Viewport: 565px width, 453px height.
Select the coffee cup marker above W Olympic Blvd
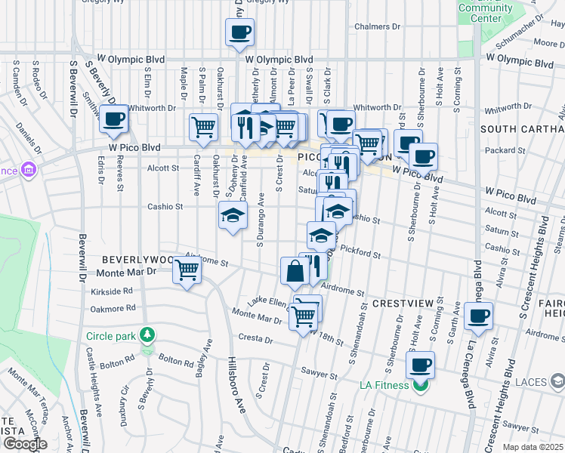239,32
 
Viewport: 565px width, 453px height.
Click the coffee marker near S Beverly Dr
114,119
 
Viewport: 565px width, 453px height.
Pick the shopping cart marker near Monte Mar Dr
187,270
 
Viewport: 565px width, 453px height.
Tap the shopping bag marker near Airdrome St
294,270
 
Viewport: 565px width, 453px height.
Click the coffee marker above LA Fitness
421,366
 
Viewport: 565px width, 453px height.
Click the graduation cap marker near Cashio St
233,215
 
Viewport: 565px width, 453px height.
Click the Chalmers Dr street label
377,26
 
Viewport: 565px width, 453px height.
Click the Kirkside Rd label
111,291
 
